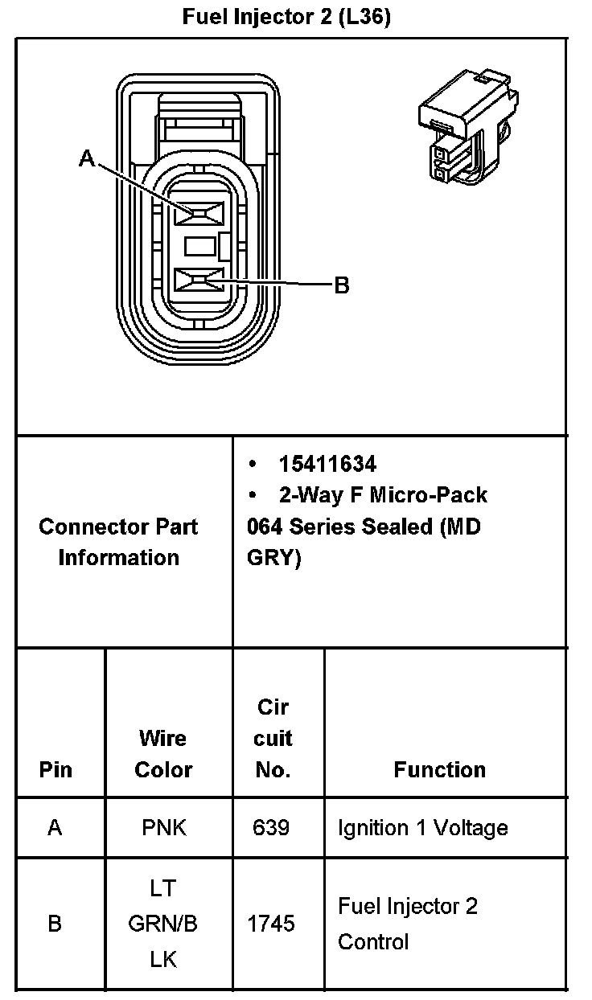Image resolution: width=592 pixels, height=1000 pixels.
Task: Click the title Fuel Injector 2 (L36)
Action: coord(286,17)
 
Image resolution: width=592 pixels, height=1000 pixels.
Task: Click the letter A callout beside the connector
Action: coord(86,159)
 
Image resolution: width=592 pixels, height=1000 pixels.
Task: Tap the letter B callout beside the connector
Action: coord(342,285)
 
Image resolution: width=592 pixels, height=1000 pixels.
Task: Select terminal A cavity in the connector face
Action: coord(200,213)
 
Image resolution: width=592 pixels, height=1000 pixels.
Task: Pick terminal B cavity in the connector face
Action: coord(200,281)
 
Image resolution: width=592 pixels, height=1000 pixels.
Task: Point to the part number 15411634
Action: coord(327,464)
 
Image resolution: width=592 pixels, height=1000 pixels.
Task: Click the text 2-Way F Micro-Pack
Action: coord(383,494)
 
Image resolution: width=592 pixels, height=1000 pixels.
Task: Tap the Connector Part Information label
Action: coord(118,542)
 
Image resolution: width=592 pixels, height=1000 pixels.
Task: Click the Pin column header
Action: coord(55,769)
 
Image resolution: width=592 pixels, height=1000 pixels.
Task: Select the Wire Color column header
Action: coord(163,754)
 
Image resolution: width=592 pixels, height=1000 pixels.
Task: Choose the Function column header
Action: coord(439,769)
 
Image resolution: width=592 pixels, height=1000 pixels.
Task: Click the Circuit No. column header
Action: coord(273,738)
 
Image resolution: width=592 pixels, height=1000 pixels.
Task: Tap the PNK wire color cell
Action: coord(163,827)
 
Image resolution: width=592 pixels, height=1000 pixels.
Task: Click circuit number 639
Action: coord(271,827)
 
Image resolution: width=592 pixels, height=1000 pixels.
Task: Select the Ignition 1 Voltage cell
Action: coord(422,827)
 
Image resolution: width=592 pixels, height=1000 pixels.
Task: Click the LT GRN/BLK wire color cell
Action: coord(163,924)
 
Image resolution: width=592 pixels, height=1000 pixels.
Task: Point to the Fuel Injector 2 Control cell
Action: coord(408,924)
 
